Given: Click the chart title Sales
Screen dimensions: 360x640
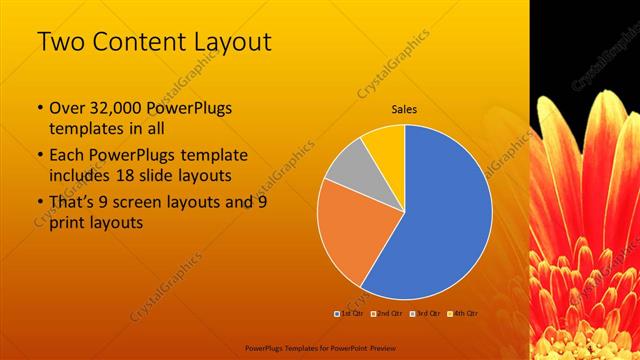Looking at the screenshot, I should point(404,109).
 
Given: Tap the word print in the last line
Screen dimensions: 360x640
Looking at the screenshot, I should point(68,223).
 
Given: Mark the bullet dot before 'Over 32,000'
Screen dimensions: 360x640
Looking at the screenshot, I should point(38,109).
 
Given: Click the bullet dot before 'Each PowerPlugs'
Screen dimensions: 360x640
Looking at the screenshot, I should point(38,156).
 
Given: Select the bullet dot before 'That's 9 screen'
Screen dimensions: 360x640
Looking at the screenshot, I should point(38,203).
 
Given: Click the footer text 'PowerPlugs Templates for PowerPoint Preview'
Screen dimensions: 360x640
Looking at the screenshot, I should point(319,349).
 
